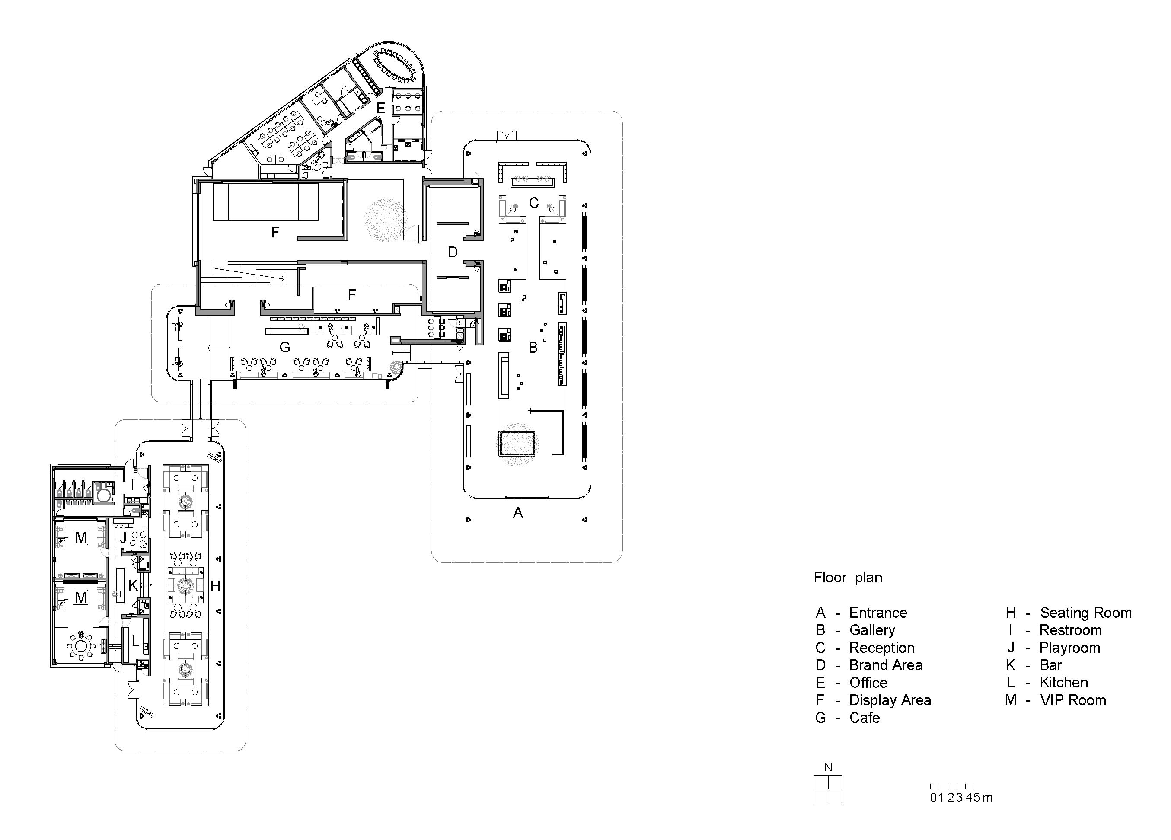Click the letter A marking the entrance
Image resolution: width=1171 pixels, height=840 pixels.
click(x=518, y=513)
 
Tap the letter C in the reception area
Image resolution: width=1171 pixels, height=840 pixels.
click(x=533, y=203)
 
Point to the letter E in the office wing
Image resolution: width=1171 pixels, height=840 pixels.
click(x=381, y=109)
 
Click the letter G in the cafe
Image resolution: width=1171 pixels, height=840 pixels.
click(x=284, y=348)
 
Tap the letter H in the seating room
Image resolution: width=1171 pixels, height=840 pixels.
click(x=215, y=586)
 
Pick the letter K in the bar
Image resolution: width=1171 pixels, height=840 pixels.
click(x=133, y=585)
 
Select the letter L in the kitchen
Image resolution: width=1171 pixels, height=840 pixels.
click(x=135, y=641)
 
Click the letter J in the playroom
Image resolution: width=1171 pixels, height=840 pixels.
click(x=123, y=537)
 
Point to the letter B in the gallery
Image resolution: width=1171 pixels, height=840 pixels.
click(x=533, y=348)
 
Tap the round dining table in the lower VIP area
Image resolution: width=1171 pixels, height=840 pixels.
click(x=80, y=645)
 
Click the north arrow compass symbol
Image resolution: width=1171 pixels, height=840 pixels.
click(x=828, y=789)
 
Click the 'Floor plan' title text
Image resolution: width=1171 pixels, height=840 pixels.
click(x=848, y=577)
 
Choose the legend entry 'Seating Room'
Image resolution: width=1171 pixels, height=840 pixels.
click(x=1085, y=613)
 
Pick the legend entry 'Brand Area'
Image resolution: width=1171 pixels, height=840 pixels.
click(x=885, y=665)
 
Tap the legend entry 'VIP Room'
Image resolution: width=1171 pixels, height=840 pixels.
click(x=1072, y=700)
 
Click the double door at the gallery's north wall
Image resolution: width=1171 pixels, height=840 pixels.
click(x=507, y=136)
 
